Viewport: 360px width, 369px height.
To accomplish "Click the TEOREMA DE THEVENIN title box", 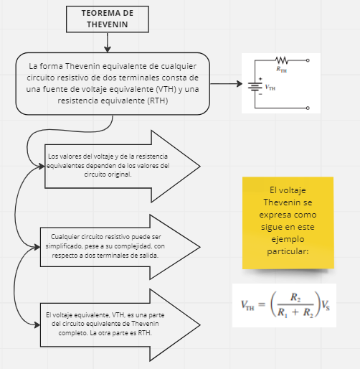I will (108, 19).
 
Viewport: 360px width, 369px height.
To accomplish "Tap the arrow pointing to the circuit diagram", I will (228, 84).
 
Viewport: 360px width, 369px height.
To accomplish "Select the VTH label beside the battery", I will (270, 87).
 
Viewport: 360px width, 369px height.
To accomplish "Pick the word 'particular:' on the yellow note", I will (288, 252).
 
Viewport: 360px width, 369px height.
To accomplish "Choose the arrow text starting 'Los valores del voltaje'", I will (108, 165).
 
